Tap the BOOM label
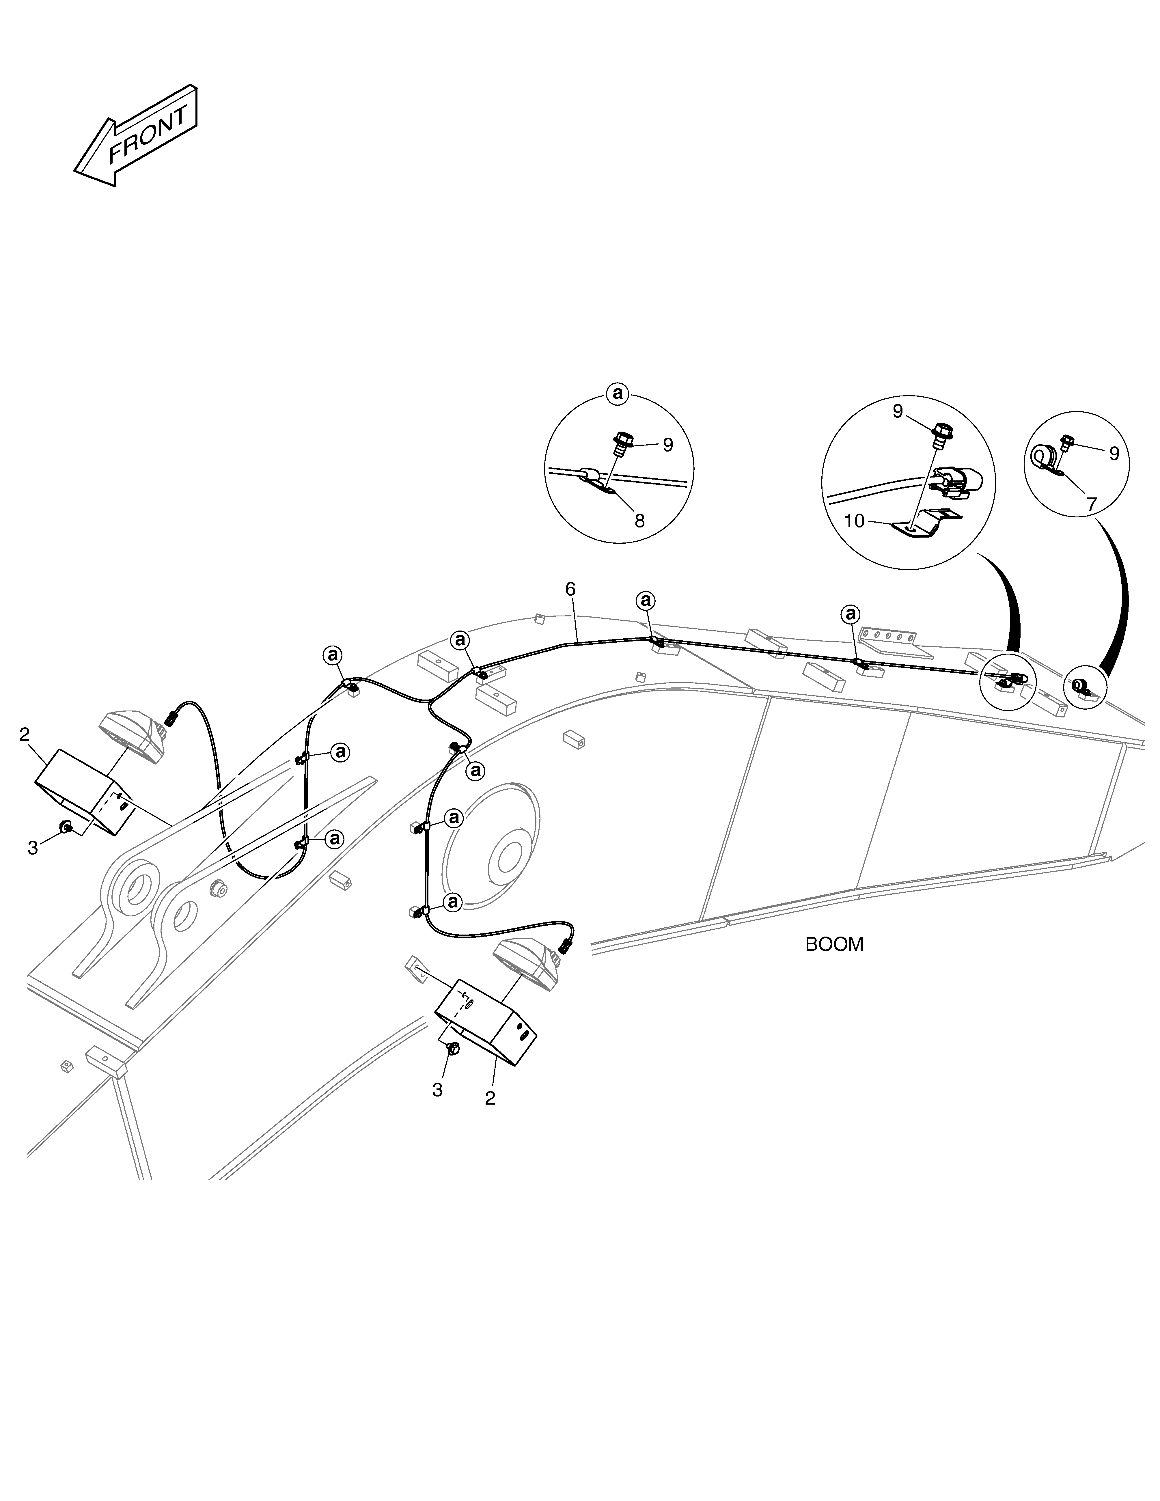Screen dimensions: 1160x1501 coord(834,944)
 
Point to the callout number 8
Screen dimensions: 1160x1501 coord(640,521)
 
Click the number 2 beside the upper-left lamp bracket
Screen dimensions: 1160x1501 coord(25,735)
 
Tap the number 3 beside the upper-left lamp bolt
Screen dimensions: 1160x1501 coord(32,849)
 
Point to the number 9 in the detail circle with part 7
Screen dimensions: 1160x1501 coord(1114,454)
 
